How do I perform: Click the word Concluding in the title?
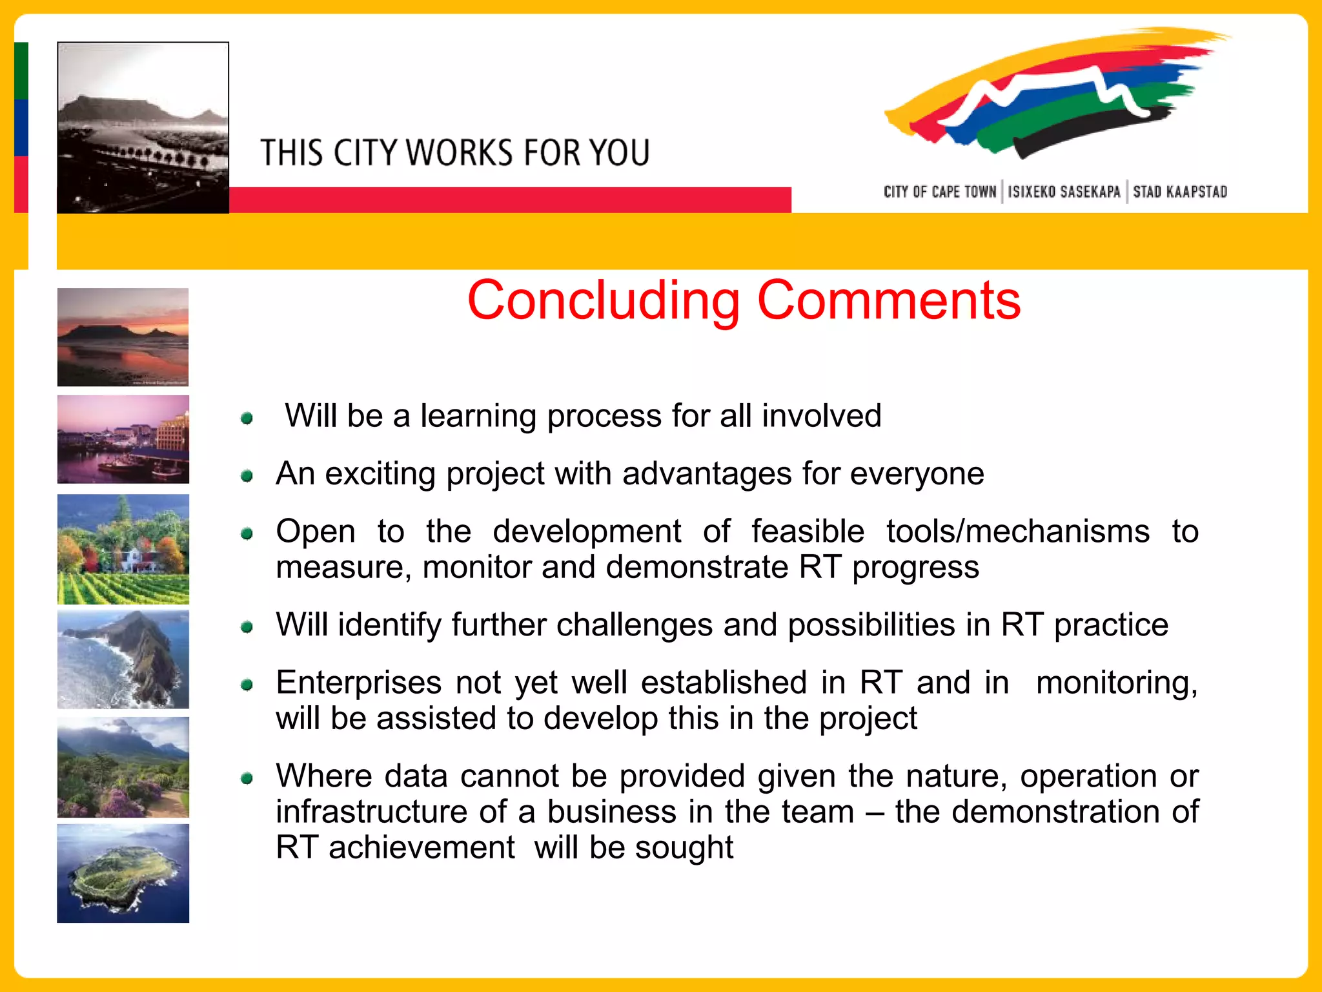click(604, 301)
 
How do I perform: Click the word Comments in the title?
click(889, 301)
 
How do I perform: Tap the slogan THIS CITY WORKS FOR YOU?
click(454, 153)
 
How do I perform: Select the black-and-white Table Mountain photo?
click(143, 127)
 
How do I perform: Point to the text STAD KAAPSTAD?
click(1180, 192)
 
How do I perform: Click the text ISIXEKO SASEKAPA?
click(1064, 192)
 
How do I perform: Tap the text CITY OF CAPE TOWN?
click(940, 192)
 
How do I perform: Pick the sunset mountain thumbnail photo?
click(123, 337)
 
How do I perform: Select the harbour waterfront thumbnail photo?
click(123, 439)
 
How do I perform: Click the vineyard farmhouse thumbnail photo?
click(123, 549)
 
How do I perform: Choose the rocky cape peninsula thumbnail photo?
click(123, 659)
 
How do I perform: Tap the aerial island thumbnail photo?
click(123, 873)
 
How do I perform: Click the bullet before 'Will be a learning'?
click(247, 418)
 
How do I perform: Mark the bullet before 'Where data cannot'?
click(247, 778)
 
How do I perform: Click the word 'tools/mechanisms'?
click(1017, 532)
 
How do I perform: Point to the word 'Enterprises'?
click(358, 683)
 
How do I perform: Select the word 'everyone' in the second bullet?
click(917, 474)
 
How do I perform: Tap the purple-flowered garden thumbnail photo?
click(123, 767)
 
